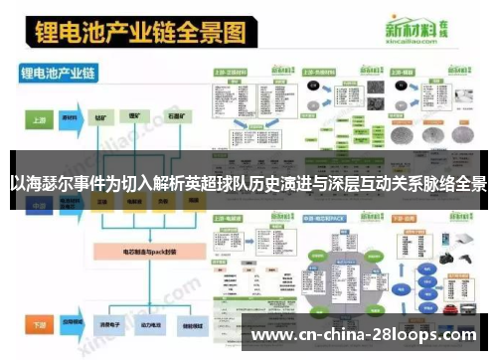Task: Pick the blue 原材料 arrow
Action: [70, 117]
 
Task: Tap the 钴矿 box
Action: [101, 117]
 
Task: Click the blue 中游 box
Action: [39, 203]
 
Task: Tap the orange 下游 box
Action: [39, 325]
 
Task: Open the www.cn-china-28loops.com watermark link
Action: [370, 335]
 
